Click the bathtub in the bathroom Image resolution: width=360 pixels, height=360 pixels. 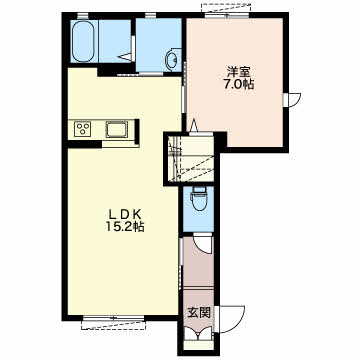(x=83, y=42)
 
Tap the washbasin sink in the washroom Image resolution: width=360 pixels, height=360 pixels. (x=173, y=60)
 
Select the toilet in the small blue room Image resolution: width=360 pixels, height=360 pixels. (x=199, y=200)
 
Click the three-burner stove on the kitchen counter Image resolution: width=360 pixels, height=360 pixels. (x=83, y=129)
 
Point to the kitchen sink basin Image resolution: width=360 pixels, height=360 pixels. (x=117, y=129)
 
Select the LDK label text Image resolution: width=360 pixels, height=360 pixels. (x=123, y=214)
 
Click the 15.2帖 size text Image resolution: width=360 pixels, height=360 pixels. (x=125, y=227)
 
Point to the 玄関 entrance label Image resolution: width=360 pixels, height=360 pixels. (x=199, y=313)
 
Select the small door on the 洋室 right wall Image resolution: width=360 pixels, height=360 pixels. (x=292, y=100)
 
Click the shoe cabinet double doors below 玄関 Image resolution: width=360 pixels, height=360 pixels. (x=199, y=333)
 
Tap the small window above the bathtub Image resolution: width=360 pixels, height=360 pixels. (x=83, y=15)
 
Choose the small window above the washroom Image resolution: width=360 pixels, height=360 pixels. (x=151, y=15)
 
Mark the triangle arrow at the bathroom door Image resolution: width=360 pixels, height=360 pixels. (x=126, y=57)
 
